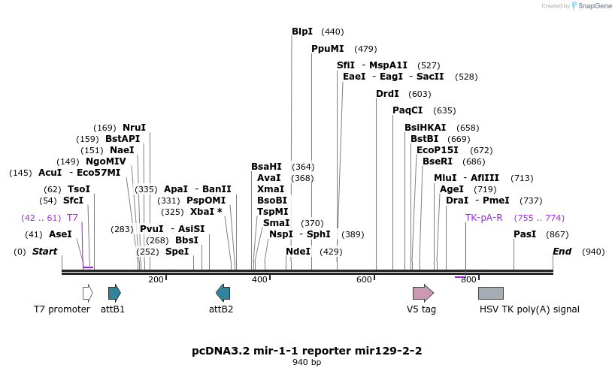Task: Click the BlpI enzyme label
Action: click(x=302, y=32)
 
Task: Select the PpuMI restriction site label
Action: click(x=328, y=49)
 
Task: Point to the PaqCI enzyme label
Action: click(x=407, y=110)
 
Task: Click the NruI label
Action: click(x=134, y=128)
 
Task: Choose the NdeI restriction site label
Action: click(x=298, y=252)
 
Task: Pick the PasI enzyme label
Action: click(x=525, y=234)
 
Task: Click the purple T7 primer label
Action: click(x=72, y=218)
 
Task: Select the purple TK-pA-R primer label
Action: click(x=483, y=218)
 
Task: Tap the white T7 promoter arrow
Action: click(x=87, y=293)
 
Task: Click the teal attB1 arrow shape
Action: click(x=114, y=293)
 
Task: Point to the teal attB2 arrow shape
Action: click(x=223, y=293)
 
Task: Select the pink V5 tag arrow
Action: click(x=423, y=293)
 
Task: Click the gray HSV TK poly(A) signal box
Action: click(x=491, y=293)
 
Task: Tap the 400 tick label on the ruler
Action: click(x=259, y=280)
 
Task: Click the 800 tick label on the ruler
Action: click(x=468, y=280)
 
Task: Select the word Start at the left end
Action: click(x=44, y=252)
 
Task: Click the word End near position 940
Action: click(x=562, y=252)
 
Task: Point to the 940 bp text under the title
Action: click(x=307, y=363)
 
